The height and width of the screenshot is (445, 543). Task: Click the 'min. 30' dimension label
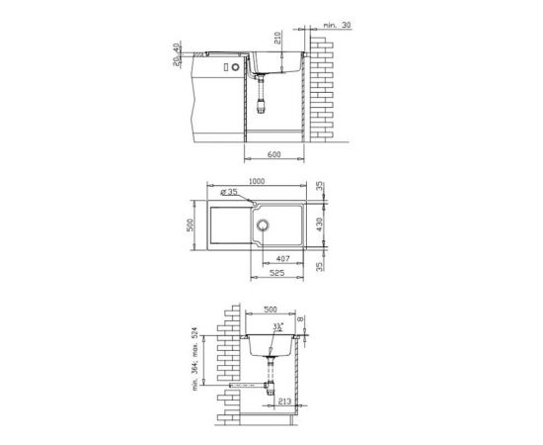[x=337, y=25]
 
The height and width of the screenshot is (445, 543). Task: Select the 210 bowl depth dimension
[x=277, y=38]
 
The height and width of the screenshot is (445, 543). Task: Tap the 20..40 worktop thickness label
[x=177, y=54]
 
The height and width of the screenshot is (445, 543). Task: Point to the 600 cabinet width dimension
[x=273, y=154]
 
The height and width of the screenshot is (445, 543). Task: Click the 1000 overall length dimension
[x=257, y=181]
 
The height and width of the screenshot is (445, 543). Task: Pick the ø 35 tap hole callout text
[x=229, y=192]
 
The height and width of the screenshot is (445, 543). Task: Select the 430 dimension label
[x=319, y=224]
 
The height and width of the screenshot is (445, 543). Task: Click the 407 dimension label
[x=283, y=258]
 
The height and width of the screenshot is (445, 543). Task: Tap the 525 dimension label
[x=276, y=273]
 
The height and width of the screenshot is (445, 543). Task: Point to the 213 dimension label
[x=284, y=401]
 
